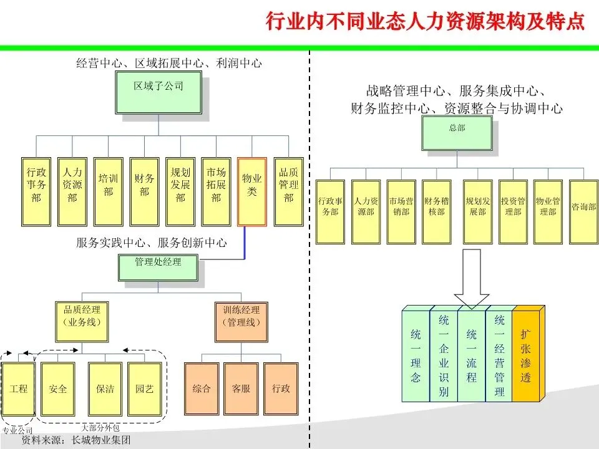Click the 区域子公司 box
(158, 92)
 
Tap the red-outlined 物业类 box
(252, 191)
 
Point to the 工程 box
(19, 389)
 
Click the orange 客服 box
(241, 389)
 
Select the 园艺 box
(145, 389)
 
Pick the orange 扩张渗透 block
(525, 355)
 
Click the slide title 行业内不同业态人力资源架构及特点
(425, 22)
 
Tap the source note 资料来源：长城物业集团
(75, 440)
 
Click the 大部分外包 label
(100, 428)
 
